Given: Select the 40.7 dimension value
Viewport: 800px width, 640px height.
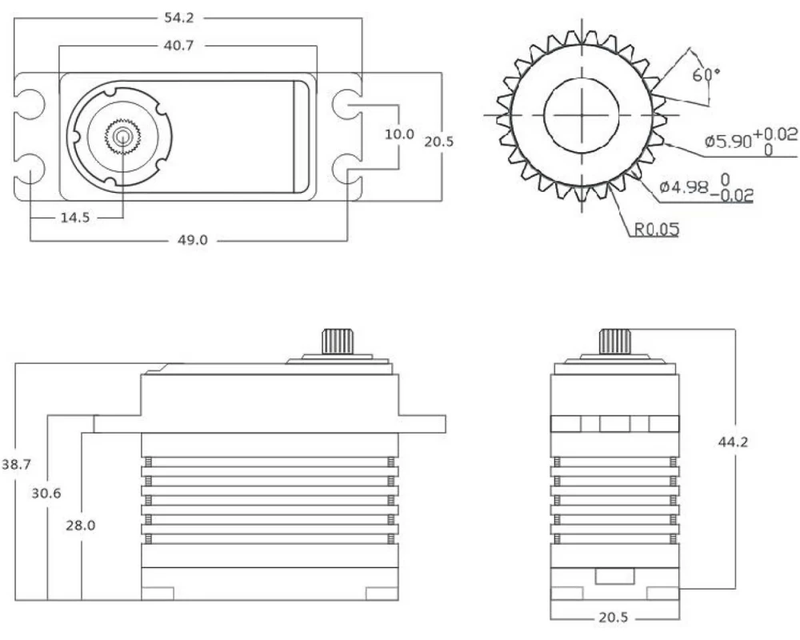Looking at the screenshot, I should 188,46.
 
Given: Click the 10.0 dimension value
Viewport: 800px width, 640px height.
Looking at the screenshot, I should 398,134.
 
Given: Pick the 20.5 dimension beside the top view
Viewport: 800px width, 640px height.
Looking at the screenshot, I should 439,141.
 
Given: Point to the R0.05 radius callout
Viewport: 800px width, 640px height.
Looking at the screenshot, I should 657,230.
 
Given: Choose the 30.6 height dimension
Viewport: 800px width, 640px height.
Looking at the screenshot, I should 46,493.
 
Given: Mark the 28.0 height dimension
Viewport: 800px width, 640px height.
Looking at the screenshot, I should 80,525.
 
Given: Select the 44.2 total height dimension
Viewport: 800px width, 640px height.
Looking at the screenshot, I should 734,441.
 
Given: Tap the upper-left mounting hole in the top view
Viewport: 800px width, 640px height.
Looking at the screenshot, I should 30,102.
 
